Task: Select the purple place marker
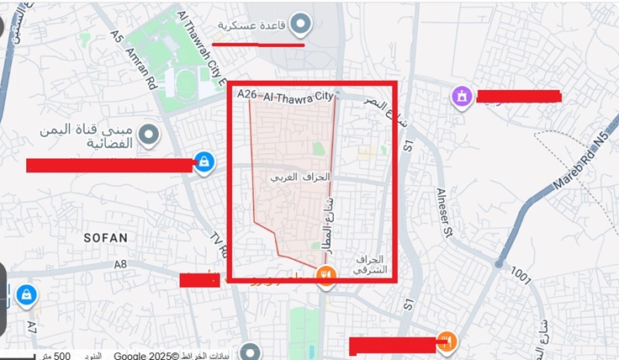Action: click(x=462, y=97)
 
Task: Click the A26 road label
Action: click(x=246, y=96)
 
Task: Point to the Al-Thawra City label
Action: click(x=299, y=98)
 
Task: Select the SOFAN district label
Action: click(x=106, y=238)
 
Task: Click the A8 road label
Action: click(x=120, y=264)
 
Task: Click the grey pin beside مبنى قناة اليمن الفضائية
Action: click(x=150, y=134)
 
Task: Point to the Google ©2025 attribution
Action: click(x=145, y=356)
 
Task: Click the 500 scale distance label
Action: click(x=61, y=356)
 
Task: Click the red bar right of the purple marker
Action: click(x=518, y=96)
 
